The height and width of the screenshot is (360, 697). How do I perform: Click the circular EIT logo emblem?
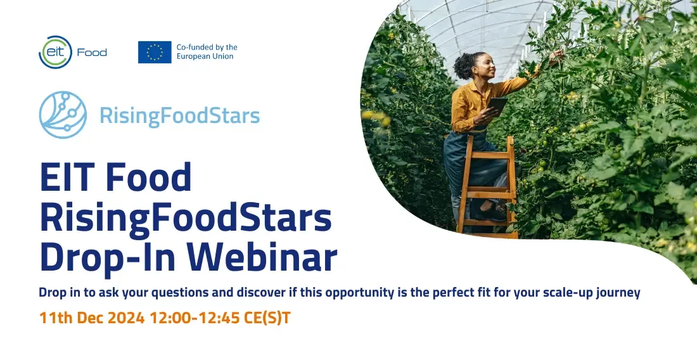[x=55, y=52]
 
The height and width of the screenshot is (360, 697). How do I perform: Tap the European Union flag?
[x=155, y=52]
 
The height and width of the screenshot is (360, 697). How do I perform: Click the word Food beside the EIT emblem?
[x=92, y=53]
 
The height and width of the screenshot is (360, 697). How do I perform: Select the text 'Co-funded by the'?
[x=207, y=47]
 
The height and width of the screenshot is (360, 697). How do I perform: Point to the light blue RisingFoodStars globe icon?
[x=63, y=115]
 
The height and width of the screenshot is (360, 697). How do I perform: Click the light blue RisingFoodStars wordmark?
[x=179, y=115]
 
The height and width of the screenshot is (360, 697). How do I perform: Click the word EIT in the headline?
[x=67, y=177]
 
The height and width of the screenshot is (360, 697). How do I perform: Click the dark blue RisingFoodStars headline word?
[x=186, y=219]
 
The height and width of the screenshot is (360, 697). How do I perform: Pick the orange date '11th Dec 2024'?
[x=92, y=318]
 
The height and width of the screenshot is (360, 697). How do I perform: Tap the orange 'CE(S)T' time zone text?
[x=267, y=318]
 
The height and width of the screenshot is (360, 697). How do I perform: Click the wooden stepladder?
[x=487, y=187]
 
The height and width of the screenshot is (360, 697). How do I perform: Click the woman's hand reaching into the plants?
[x=556, y=56]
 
